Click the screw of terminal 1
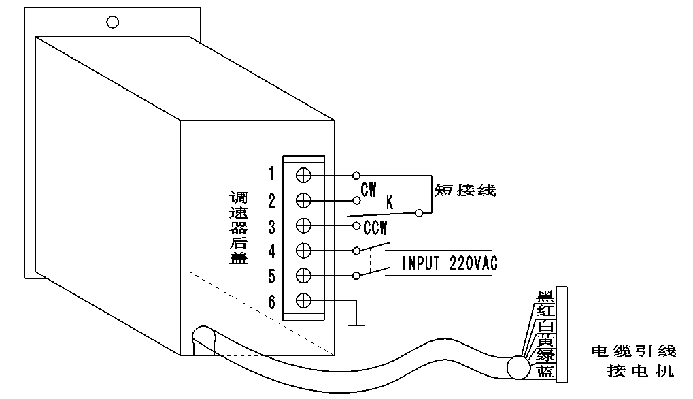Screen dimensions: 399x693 pos(304,175)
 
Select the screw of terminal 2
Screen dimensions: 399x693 pos(304,200)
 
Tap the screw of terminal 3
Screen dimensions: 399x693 pos(304,225)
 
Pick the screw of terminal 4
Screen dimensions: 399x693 pos(304,251)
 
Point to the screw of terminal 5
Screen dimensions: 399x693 pos(304,276)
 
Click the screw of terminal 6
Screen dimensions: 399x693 pos(304,301)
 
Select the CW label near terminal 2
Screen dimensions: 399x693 pos(369,190)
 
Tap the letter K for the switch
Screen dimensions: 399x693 pos(390,202)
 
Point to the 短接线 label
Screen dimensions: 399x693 pos(466,190)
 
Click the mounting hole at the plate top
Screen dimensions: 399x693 pos(113,22)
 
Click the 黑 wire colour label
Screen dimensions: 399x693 pos(545,296)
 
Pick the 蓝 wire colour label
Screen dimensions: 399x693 pos(545,371)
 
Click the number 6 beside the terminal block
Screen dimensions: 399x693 pos(271,302)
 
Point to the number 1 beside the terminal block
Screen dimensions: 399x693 pos(271,175)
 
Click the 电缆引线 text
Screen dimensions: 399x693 pos(633,351)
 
